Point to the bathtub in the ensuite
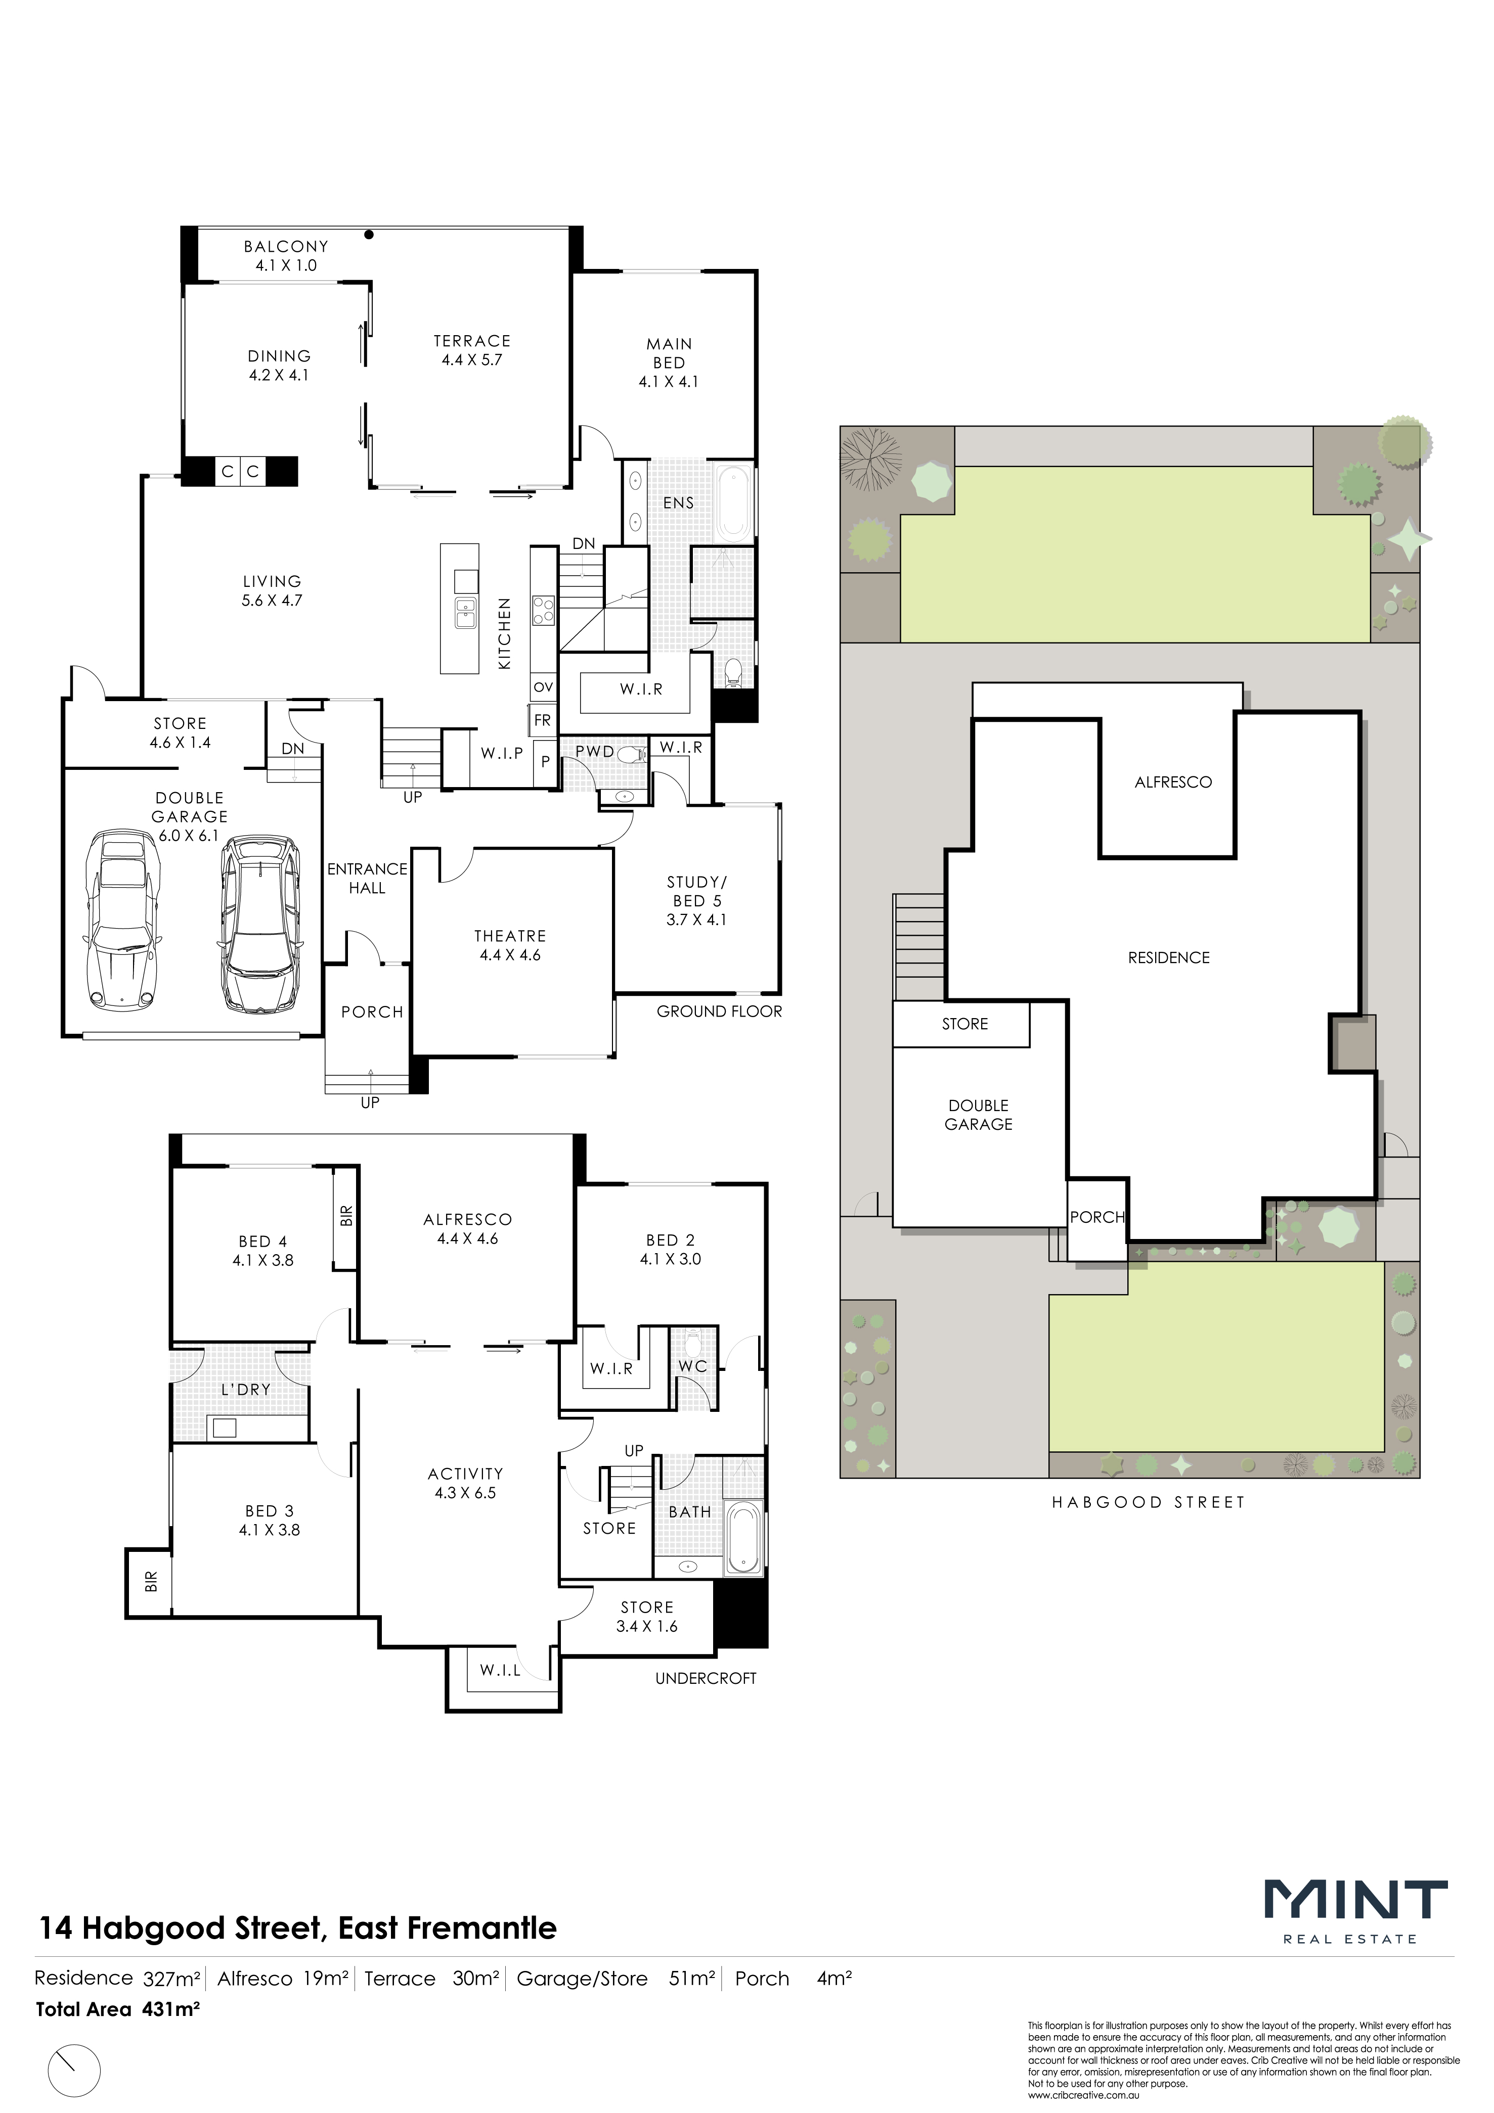click(x=734, y=503)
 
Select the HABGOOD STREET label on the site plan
click(x=1148, y=1502)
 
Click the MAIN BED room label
click(x=669, y=362)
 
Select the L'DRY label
click(x=246, y=1389)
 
